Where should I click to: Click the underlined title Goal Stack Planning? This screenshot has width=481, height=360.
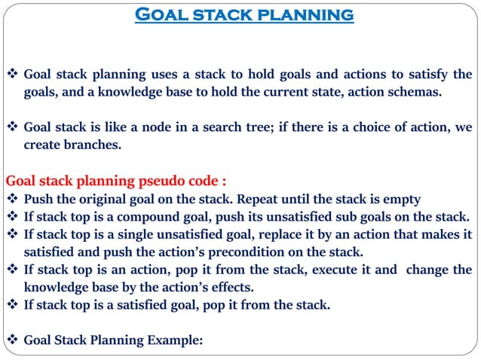[x=244, y=14]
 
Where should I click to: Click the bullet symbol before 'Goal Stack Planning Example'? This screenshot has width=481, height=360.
[x=12, y=340]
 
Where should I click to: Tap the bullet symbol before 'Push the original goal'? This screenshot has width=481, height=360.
[x=12, y=200]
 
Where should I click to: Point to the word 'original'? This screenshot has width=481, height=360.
[x=107, y=200]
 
